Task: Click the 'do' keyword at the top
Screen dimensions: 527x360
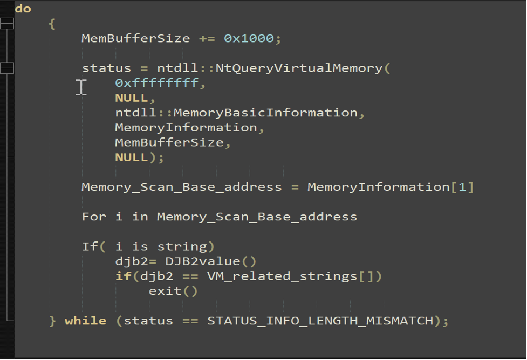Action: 23,9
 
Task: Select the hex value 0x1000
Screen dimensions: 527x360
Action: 249,39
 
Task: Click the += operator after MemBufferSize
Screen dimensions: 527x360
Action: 207,39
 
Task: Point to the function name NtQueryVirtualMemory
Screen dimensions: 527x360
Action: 299,68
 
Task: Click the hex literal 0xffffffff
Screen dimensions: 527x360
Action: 156,83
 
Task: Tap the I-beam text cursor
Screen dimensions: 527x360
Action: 81,87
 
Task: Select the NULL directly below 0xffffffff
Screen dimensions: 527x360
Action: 132,98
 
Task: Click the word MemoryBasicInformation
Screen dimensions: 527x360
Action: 265,113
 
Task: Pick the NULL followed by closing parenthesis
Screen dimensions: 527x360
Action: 132,157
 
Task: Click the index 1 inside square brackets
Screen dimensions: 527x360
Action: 462,187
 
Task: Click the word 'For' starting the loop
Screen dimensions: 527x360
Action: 94,217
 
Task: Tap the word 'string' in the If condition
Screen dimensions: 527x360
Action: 182,247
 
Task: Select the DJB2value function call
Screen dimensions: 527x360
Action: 211,261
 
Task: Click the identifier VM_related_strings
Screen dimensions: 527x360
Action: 282,276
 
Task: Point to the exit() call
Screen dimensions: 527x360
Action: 173,291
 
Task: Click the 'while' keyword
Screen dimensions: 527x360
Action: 85,321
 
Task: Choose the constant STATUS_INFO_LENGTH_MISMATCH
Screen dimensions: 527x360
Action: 320,321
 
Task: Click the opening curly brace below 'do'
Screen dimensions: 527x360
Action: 52,24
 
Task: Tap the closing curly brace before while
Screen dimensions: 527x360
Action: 52,321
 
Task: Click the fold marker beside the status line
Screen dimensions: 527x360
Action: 6,68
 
